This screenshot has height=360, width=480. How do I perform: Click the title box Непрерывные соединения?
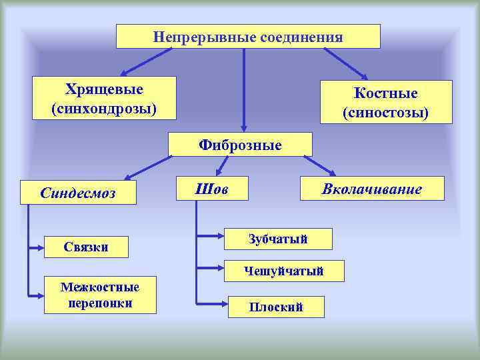click(x=248, y=37)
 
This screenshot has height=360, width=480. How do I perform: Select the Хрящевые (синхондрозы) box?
click(x=105, y=97)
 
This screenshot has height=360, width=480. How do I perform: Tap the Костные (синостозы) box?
click(x=386, y=102)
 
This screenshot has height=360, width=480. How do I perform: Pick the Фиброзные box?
click(x=240, y=144)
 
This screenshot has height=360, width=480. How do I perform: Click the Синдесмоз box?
click(x=78, y=193)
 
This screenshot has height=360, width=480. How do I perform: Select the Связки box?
click(x=86, y=247)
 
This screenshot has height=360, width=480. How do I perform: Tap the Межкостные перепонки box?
click(x=100, y=295)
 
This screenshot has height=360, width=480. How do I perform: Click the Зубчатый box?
click(x=277, y=238)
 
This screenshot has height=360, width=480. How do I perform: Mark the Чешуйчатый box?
click(x=284, y=271)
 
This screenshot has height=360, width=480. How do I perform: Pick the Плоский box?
click(x=276, y=307)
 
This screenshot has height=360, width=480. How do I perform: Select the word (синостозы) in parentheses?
click(x=386, y=113)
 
